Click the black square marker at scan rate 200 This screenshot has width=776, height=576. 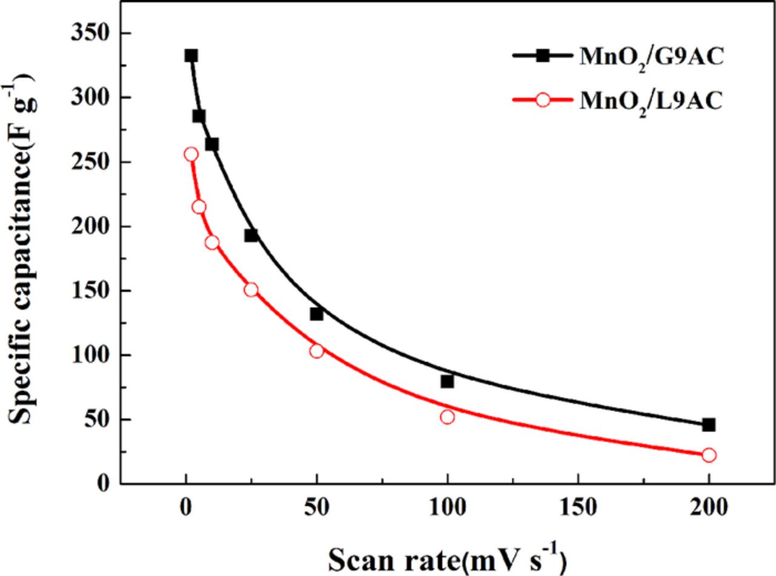click(709, 425)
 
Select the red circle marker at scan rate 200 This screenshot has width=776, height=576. click(709, 455)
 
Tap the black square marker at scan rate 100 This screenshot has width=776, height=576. click(447, 381)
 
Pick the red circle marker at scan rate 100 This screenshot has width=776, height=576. click(447, 417)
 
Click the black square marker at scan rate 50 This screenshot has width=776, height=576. click(316, 314)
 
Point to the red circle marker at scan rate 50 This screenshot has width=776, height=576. click(316, 351)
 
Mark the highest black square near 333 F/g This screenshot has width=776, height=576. click(191, 56)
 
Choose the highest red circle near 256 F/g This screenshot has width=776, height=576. click(191, 154)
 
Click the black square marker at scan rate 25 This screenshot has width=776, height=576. click(251, 235)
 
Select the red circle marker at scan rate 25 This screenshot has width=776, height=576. click(251, 290)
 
